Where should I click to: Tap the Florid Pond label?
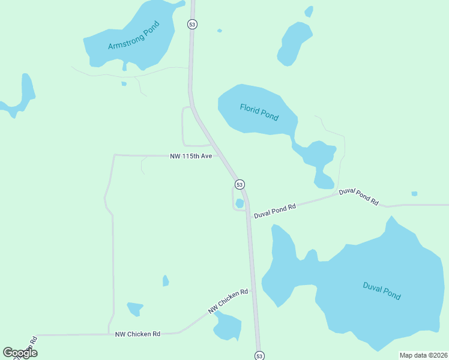point(259,112)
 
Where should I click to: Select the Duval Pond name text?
point(382,291)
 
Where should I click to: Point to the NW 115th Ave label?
point(191,156)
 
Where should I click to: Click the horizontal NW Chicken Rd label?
point(138,334)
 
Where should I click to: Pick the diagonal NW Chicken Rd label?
point(228,302)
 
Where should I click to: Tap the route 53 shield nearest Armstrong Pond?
point(192,25)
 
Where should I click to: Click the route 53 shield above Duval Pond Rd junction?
point(240,184)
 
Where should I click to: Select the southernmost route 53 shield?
point(259,356)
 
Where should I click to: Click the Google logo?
point(20,353)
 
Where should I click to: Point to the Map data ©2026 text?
point(423,355)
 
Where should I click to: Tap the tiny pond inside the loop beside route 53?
point(240,203)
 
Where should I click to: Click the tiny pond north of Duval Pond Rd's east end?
point(414,193)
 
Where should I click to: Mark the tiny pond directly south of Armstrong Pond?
point(124,84)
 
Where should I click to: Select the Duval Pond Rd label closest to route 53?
point(275,211)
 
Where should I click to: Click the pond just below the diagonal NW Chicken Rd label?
point(228,326)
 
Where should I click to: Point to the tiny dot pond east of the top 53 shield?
point(220,31)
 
